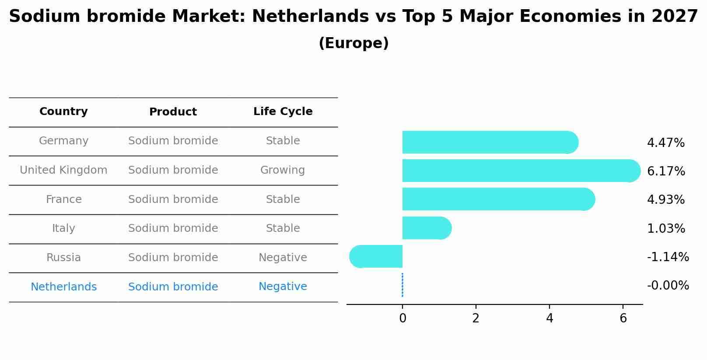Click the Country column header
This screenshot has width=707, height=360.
click(63, 112)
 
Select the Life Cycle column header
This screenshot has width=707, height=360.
click(283, 112)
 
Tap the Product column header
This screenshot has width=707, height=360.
click(173, 112)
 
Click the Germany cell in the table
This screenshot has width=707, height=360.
click(63, 141)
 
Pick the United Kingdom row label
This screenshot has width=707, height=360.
click(63, 170)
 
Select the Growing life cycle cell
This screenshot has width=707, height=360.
click(283, 170)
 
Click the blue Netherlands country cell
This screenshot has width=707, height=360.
click(63, 287)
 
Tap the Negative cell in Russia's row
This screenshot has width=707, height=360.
click(283, 258)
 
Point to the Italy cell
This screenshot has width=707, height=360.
click(63, 228)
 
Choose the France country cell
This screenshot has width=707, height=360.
click(63, 199)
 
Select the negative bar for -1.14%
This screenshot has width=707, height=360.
click(376, 256)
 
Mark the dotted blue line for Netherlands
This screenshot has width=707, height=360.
click(402, 285)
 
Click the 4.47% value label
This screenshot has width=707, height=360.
click(665, 143)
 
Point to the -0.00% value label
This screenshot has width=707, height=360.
click(668, 286)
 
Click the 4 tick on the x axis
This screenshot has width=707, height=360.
click(549, 318)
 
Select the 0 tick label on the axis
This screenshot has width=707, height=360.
click(402, 318)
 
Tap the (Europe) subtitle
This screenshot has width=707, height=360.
click(353, 43)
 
